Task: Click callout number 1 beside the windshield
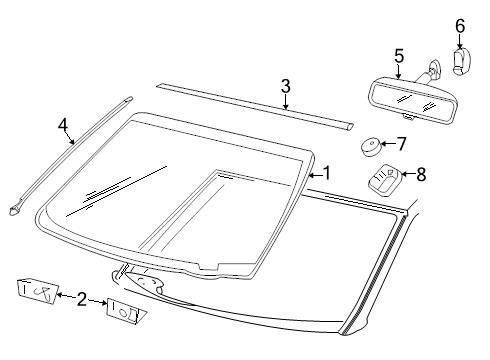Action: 323,173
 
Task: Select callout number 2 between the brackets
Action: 83,297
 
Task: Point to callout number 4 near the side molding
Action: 63,126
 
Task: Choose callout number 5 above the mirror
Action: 398,56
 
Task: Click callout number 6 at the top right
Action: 460,24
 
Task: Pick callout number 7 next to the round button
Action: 401,144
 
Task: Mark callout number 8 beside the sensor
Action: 421,174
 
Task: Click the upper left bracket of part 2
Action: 35,290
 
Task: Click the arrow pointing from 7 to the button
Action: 388,145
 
